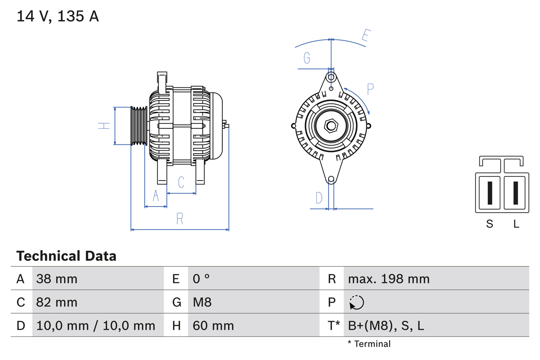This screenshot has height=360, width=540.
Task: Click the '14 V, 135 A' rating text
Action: [x=58, y=16]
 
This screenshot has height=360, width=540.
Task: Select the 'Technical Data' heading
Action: [x=66, y=256]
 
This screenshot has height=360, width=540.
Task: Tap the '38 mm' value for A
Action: [x=57, y=279]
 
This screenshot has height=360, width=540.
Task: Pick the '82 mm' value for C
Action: [x=57, y=302]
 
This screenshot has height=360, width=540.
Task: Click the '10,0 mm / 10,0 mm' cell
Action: [x=96, y=325]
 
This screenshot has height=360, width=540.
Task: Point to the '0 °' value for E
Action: [x=201, y=279]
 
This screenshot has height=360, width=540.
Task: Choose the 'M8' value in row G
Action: [x=202, y=302]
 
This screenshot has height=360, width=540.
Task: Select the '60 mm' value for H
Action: [x=213, y=325]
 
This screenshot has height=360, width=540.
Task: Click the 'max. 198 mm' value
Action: [x=389, y=279]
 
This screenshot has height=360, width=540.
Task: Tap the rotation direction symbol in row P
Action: [x=356, y=302]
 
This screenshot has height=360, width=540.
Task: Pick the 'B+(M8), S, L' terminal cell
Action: [x=386, y=325]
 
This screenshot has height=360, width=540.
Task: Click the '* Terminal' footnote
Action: [x=369, y=344]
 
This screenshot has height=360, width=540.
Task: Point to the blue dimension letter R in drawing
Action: [x=180, y=219]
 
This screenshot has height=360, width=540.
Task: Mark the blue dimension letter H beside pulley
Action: [x=104, y=126]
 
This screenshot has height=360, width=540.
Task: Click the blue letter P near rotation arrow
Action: [x=370, y=89]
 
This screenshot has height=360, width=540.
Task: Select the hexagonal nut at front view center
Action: [x=331, y=126]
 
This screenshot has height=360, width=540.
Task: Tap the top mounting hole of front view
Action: [x=331, y=77]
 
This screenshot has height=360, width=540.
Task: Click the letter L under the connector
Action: [x=516, y=224]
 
